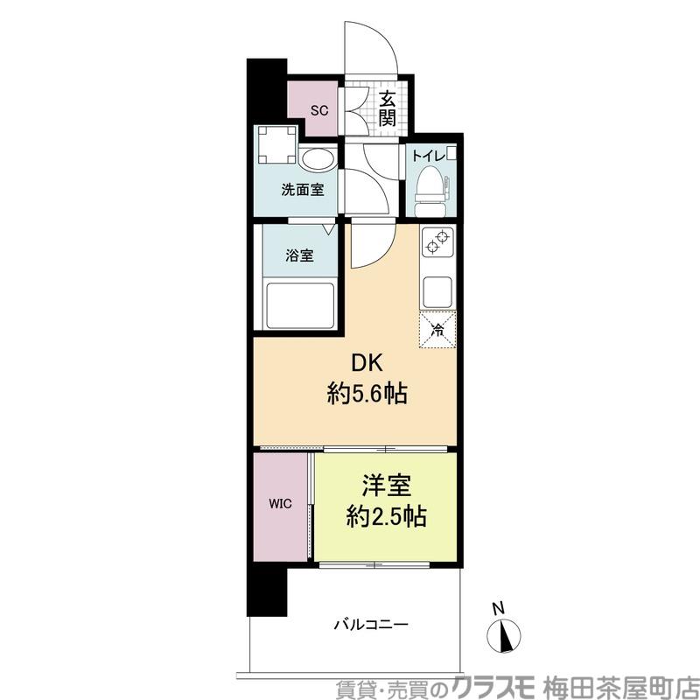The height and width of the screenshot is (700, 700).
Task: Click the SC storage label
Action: click(x=319, y=110)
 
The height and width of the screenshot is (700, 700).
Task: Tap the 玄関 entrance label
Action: click(x=387, y=108)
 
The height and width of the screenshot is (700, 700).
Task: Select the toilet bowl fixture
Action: click(x=431, y=191)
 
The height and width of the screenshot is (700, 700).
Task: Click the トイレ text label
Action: click(x=429, y=156)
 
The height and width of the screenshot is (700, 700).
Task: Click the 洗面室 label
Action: click(x=302, y=190)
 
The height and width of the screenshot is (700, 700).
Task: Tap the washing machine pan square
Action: click(x=277, y=144)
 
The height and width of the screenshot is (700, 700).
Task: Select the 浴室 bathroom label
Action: click(x=300, y=255)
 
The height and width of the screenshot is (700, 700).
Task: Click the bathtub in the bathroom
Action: click(x=300, y=305)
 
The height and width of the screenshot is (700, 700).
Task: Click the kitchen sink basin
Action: click(x=437, y=291)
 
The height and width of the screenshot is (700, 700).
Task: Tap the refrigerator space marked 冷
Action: click(x=437, y=330)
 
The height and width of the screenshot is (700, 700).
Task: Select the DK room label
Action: click(x=367, y=364)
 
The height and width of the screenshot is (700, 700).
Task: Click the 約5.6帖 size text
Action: click(x=367, y=395)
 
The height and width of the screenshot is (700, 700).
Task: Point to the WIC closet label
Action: click(x=280, y=504)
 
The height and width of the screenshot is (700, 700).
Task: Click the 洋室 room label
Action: click(x=387, y=486)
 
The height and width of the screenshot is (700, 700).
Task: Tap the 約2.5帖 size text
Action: click(x=387, y=516)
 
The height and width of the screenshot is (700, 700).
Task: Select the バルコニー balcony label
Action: click(x=371, y=625)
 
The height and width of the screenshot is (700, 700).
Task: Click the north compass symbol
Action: click(x=504, y=636)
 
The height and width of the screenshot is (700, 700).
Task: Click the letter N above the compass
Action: click(x=498, y=608)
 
